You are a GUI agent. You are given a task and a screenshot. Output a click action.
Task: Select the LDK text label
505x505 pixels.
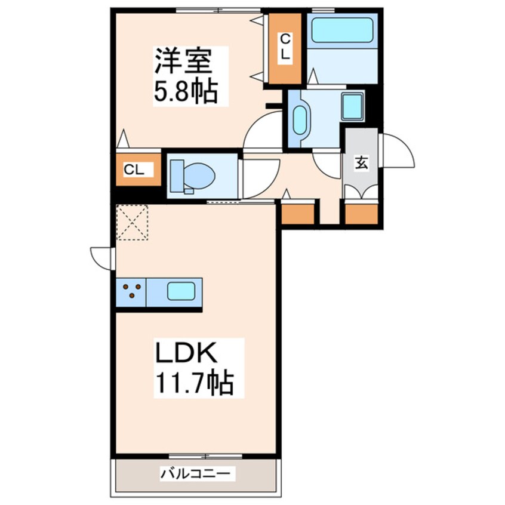[185, 354]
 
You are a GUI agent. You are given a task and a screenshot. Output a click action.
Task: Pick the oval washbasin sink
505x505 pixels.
[299, 119]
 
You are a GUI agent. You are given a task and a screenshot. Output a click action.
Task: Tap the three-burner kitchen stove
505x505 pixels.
[133, 292]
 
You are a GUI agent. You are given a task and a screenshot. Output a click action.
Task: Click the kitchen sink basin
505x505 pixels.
[180, 292]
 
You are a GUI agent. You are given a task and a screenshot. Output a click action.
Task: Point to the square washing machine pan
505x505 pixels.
[353, 106]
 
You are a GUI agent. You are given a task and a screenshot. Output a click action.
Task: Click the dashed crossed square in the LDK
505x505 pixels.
[132, 222]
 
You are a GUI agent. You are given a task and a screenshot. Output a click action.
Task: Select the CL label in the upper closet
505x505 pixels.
[285, 46]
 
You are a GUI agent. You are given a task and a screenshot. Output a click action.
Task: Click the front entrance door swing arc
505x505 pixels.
[398, 150]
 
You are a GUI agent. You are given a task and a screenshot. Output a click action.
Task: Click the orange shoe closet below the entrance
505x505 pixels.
[362, 214]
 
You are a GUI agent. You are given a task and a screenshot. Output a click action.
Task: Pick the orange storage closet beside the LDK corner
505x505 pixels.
[298, 214]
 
